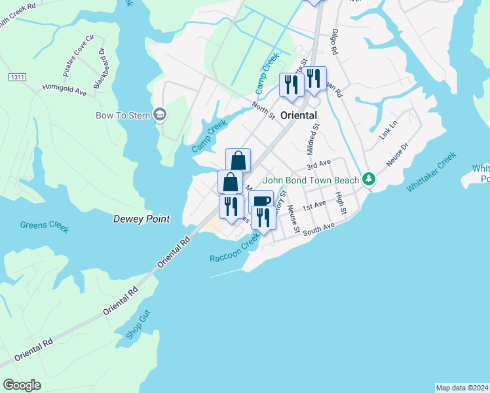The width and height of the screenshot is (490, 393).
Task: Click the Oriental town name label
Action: pyautogui.click(x=299, y=115)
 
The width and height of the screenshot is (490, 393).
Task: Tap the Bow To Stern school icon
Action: pyautogui.click(x=160, y=115)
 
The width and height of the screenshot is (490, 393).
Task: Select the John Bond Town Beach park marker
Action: pyautogui.click(x=369, y=179)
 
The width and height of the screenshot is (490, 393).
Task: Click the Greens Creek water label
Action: pyautogui.click(x=44, y=226)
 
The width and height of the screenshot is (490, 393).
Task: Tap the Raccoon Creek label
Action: pyautogui.click(x=235, y=250)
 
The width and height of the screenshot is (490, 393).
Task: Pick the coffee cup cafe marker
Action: pyautogui.click(x=261, y=200)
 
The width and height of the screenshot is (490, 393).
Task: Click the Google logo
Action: pyautogui.click(x=22, y=384)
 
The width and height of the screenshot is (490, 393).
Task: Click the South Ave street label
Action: pyautogui.click(x=319, y=228)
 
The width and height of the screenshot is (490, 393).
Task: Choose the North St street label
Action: pyautogui.click(x=263, y=109)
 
